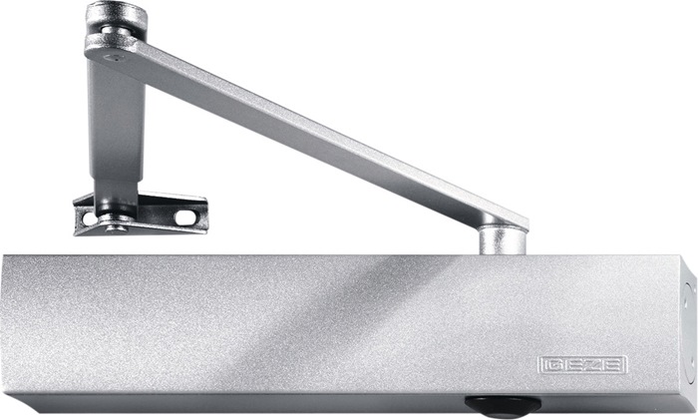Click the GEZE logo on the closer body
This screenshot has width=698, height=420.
(x=582, y=365)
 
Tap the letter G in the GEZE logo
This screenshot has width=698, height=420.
(x=553, y=365)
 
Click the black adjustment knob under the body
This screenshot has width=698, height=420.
(x=503, y=404)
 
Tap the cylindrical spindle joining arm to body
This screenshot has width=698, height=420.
(x=503, y=241)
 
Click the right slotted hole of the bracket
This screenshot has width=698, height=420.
(x=184, y=216)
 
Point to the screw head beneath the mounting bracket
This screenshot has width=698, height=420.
(x=116, y=228)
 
